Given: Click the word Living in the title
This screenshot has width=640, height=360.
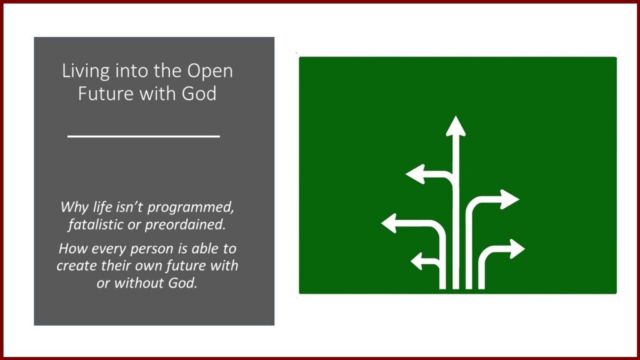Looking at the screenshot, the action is click(86, 71).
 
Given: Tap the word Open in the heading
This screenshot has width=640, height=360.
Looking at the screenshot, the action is click(210, 72).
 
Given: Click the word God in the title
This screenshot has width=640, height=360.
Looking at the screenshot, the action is click(199, 94).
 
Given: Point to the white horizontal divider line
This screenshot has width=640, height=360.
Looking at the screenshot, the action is click(144, 136).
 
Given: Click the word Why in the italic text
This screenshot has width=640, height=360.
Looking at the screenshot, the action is click(75, 207).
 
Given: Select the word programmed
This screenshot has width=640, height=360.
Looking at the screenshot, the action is click(191, 207).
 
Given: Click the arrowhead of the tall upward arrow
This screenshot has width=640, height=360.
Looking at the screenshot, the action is click(456, 126).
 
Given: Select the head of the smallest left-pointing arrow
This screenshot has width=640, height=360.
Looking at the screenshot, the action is click(416, 261).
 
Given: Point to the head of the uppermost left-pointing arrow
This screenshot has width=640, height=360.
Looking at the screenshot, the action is click(416, 174).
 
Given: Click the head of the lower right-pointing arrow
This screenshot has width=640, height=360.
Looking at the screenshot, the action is click(517, 249).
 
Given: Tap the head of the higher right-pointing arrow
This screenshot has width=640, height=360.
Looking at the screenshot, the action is click(510, 199).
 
